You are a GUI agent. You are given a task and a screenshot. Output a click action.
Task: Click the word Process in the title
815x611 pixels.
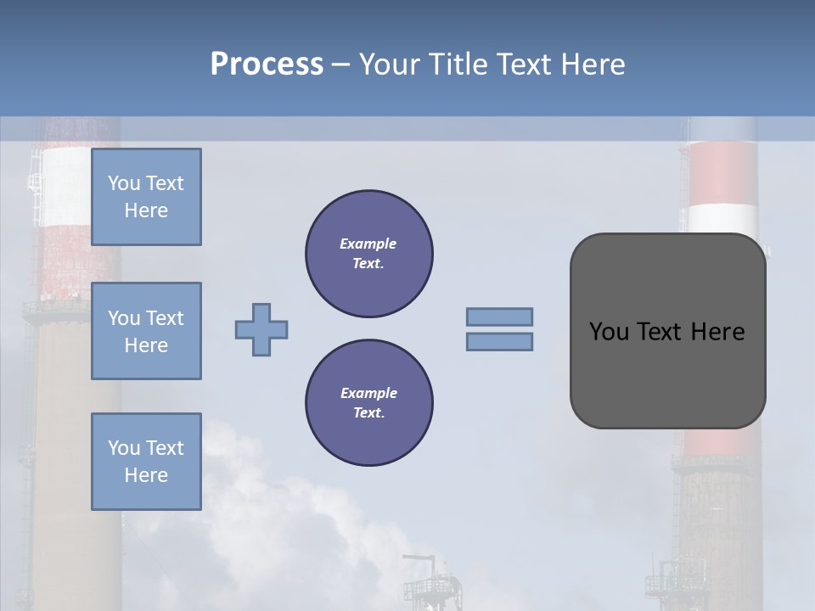click(x=267, y=64)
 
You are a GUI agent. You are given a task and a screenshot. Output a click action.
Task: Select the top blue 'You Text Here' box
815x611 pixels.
click(x=146, y=197)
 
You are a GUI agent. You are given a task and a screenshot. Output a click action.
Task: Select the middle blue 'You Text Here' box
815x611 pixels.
click(x=146, y=331)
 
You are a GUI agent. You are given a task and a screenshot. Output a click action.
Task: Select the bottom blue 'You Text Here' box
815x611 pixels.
click(x=146, y=462)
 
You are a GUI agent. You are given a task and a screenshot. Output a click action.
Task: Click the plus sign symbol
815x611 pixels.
click(x=261, y=329)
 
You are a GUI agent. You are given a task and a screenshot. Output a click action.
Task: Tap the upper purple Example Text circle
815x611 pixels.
click(x=369, y=254)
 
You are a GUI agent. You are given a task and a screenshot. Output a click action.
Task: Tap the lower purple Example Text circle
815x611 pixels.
click(x=369, y=403)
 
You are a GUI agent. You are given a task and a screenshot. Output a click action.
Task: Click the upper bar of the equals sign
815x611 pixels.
click(x=499, y=317)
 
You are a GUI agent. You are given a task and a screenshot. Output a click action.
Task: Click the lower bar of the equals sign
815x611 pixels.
click(x=499, y=341)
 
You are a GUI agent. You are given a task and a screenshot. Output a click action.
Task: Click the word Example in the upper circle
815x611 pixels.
click(x=368, y=244)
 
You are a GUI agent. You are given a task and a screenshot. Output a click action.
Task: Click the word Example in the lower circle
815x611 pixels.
click(x=368, y=393)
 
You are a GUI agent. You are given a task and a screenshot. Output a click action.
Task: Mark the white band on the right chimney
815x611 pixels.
click(x=722, y=218)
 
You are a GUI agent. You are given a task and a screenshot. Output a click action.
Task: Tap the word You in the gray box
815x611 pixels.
click(x=608, y=331)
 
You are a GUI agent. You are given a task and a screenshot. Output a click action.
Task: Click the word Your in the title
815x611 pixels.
click(x=390, y=64)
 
